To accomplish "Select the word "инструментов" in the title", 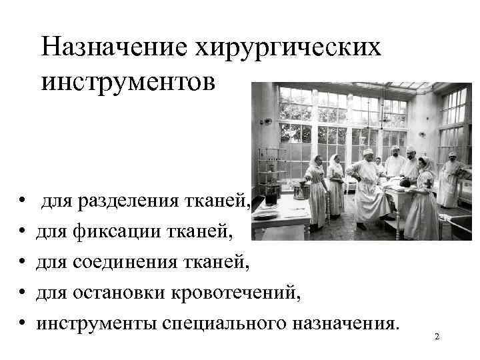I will (x=128, y=82).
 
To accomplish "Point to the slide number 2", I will (x=437, y=337).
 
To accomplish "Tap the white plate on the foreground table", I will (x=266, y=214).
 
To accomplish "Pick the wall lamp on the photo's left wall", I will (x=267, y=121).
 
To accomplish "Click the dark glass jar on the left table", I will (x=270, y=197).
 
